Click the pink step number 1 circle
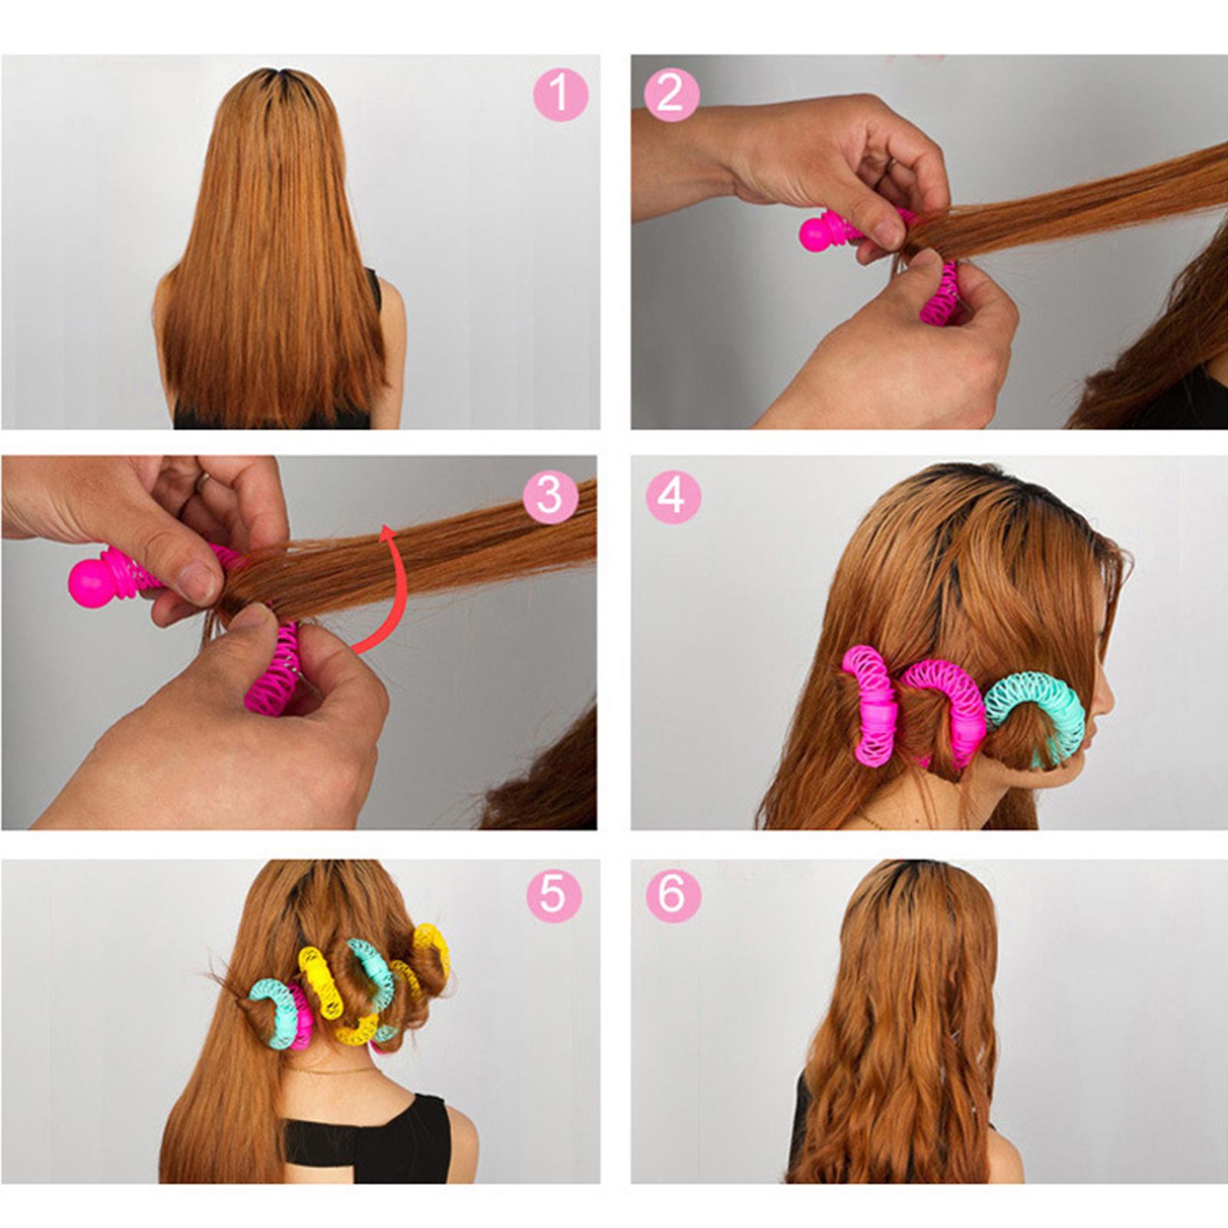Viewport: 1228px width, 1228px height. [x=561, y=94]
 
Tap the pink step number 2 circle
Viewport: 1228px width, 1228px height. [x=672, y=94]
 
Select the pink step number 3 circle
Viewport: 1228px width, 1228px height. [x=550, y=495]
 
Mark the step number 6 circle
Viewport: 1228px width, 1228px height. [x=673, y=895]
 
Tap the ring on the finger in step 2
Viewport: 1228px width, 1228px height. [x=890, y=163]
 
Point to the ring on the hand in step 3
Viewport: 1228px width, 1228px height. [x=202, y=481]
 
